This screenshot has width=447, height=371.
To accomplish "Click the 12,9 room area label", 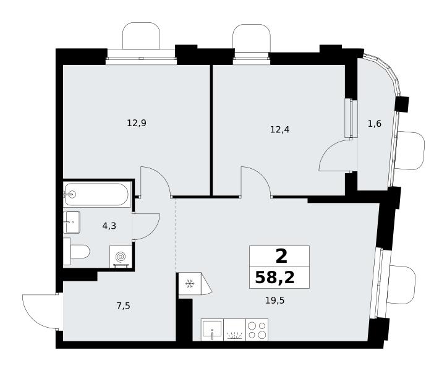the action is [137, 124].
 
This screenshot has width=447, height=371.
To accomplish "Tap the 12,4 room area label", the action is [279, 130].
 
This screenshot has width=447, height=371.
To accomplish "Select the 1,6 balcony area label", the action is [374, 124].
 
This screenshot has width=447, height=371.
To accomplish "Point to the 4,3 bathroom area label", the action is [109, 226].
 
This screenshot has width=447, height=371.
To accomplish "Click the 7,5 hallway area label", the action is [124, 306].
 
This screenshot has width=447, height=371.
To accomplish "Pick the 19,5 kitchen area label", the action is [275, 301].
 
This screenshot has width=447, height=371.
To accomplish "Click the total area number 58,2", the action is [275, 278].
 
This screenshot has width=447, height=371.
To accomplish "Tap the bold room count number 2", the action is [281, 257].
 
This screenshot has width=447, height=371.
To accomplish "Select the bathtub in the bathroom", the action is [97, 195].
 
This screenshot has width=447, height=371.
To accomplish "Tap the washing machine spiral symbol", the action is [121, 257].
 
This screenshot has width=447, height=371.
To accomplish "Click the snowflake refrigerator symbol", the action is [189, 284].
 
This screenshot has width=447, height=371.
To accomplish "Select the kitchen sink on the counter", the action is [213, 330].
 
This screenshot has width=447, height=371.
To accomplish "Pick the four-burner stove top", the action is [257, 330].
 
